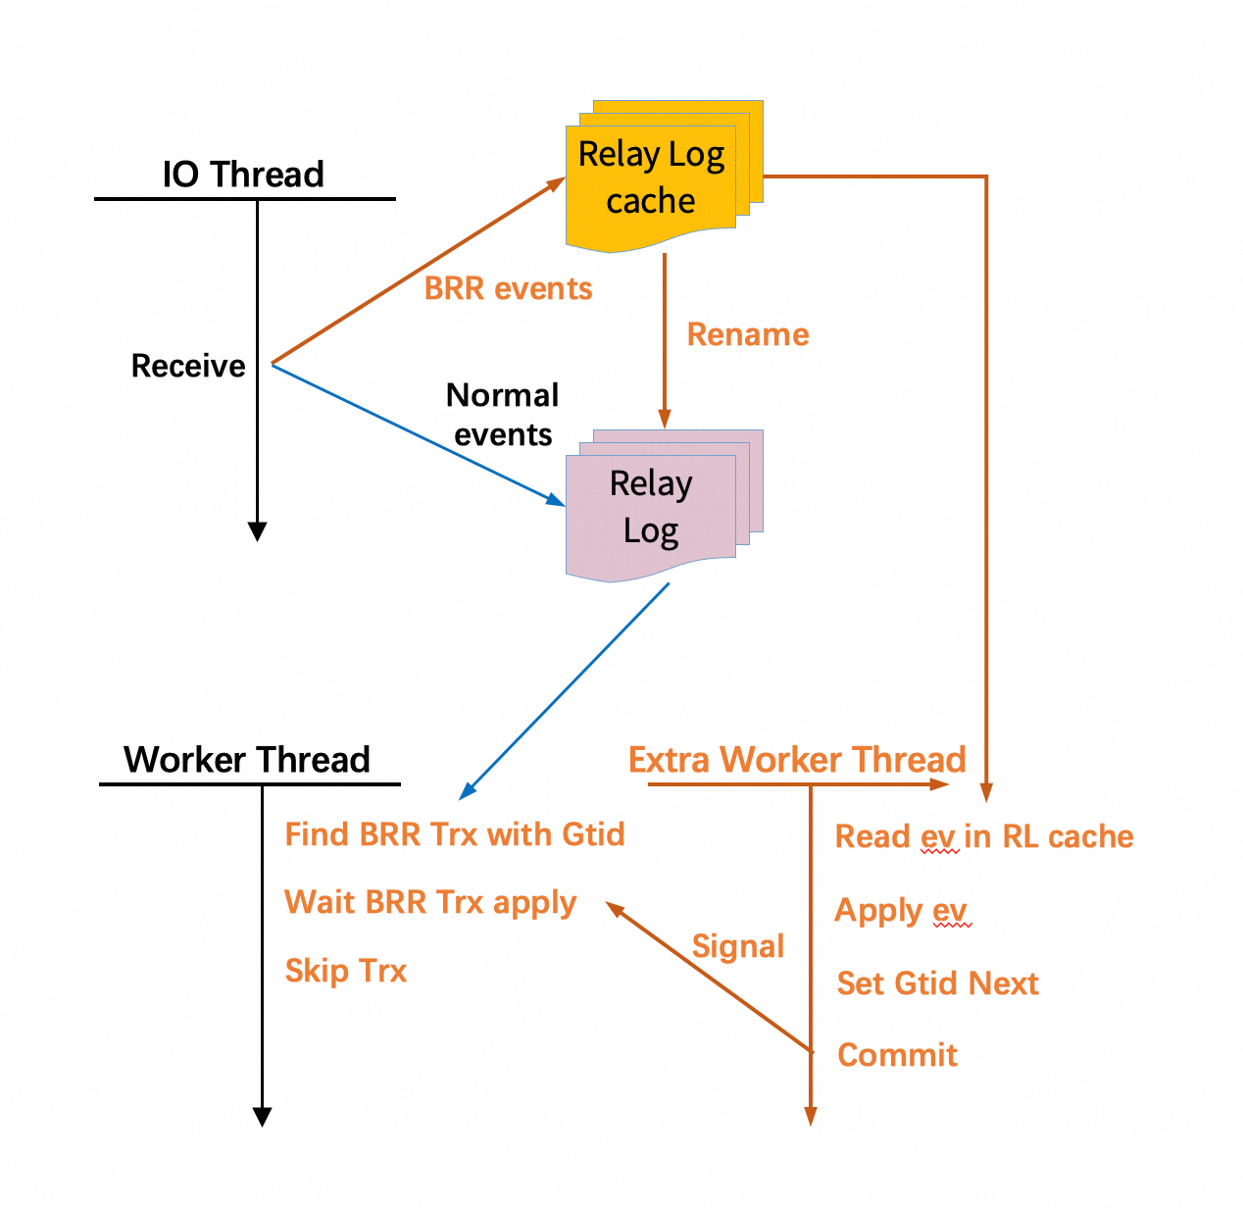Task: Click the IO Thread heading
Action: pos(243,174)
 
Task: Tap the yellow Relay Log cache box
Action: pos(664,176)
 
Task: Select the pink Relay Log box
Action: pos(664,505)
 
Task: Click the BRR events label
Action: pos(508,288)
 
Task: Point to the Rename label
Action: pos(747,334)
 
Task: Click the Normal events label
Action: pos(502,415)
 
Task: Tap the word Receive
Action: pos(188,366)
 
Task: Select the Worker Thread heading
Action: pos(247,759)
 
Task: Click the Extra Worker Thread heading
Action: pos(797,759)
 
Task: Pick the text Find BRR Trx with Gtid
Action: pos(454,834)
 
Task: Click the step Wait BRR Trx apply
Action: pos(430,903)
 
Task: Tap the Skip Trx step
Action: pos(346,971)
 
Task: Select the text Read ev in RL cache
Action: pos(984,836)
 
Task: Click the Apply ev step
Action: pos(902,911)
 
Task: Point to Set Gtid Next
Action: pos(938,982)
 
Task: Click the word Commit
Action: pos(897,1055)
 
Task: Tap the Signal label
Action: pos(738,946)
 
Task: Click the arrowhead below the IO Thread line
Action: pos(258,531)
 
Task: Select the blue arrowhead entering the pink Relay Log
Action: pos(556,499)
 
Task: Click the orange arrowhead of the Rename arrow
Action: pos(665,419)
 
